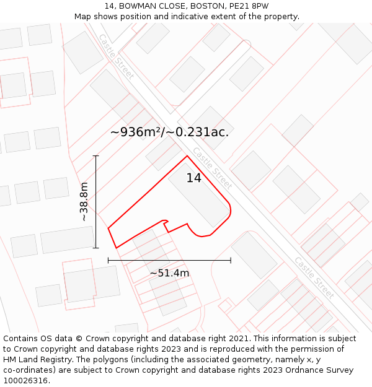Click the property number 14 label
pos(194,178)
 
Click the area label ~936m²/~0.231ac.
pos(169,132)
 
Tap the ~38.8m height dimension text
pos(84,202)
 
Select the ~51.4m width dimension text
pos(169,272)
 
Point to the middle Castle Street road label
pos(212,168)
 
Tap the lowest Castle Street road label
pos(314,277)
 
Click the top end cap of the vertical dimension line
pos(96,155)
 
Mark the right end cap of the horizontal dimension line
pos(231,261)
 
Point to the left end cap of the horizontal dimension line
pos(108,261)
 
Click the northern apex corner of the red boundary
pos(187,156)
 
